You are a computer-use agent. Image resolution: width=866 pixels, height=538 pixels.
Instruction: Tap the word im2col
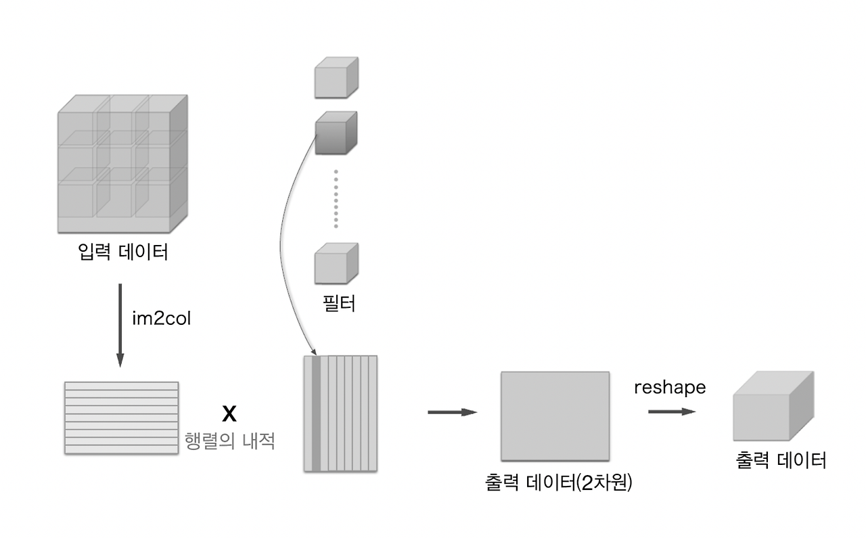coord(162,318)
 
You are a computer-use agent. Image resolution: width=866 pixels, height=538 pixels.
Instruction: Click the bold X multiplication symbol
coord(229,413)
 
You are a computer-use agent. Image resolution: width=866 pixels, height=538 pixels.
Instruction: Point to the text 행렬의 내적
coord(230,441)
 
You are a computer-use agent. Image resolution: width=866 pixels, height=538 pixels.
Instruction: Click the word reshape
coord(670,387)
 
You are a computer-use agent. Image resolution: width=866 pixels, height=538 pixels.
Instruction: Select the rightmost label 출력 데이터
coord(781,461)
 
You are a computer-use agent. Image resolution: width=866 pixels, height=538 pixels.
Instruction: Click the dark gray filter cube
coord(336,132)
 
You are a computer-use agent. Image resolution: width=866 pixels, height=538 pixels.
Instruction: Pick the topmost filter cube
coord(336,78)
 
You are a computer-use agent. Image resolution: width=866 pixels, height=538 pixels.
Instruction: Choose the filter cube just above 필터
coord(336,264)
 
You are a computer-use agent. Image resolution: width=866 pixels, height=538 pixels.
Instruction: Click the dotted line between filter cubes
coord(336,198)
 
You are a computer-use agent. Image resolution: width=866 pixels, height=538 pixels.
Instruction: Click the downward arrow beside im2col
coord(120,325)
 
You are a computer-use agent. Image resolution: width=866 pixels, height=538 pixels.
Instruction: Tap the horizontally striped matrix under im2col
coord(122,418)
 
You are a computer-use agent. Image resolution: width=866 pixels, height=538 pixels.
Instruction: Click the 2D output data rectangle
coord(555,416)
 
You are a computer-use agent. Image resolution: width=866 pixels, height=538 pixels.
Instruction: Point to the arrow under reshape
coord(671,411)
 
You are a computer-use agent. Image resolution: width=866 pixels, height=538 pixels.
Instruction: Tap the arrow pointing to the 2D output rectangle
coord(453,412)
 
